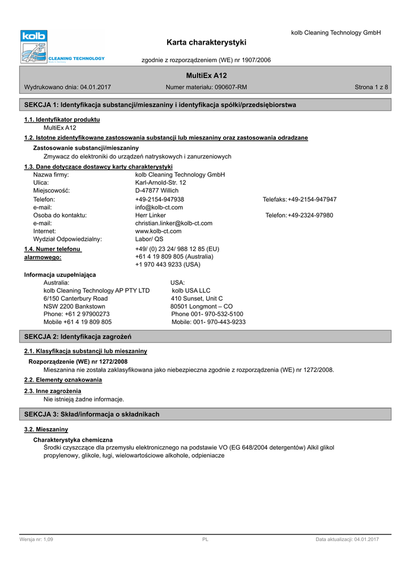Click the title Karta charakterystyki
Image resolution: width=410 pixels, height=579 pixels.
coord(207,42)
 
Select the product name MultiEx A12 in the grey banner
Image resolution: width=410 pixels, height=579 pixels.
coord(206,76)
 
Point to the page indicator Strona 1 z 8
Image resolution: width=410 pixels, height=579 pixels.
coord(371,87)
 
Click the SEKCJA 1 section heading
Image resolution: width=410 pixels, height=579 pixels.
coord(160,105)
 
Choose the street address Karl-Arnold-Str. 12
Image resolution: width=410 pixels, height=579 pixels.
coord(160,183)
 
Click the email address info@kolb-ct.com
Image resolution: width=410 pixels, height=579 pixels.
coord(159,208)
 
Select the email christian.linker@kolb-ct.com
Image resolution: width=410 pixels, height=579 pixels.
coord(174,223)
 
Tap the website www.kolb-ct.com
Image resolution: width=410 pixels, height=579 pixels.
coord(159,231)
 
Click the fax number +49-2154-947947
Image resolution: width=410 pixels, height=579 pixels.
coord(312,200)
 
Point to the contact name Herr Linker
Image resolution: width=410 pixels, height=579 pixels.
coord(151,215)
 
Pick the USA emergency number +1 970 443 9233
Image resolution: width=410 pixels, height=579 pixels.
coord(168,265)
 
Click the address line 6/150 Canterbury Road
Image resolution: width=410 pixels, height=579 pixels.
coord(75,299)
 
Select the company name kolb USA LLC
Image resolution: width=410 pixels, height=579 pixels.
coord(191,291)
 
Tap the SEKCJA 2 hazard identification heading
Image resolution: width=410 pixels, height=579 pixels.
coord(78,337)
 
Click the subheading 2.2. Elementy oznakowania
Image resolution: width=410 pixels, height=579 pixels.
coord(63,380)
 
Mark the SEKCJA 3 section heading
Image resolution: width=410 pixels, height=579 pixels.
coord(92,414)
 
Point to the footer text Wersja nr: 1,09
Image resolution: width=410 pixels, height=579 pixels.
coord(36,540)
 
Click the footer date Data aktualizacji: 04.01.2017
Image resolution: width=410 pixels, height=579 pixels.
coord(347,540)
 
